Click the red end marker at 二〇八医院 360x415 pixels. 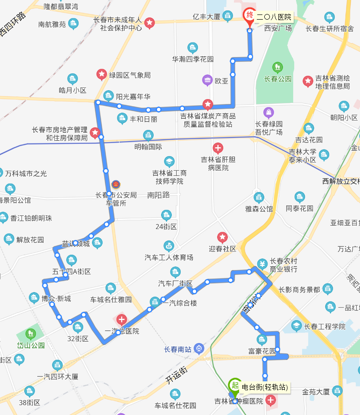(249, 15)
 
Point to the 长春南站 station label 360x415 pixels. (178, 349)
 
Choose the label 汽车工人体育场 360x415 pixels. (169, 257)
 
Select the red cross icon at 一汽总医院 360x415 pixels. (121, 320)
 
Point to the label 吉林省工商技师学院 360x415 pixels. (169, 177)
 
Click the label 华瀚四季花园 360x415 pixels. (193, 59)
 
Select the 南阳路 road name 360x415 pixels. (158, 195)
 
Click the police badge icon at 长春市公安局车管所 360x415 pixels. (116, 184)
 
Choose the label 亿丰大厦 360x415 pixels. (207, 17)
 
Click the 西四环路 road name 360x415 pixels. (13, 23)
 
